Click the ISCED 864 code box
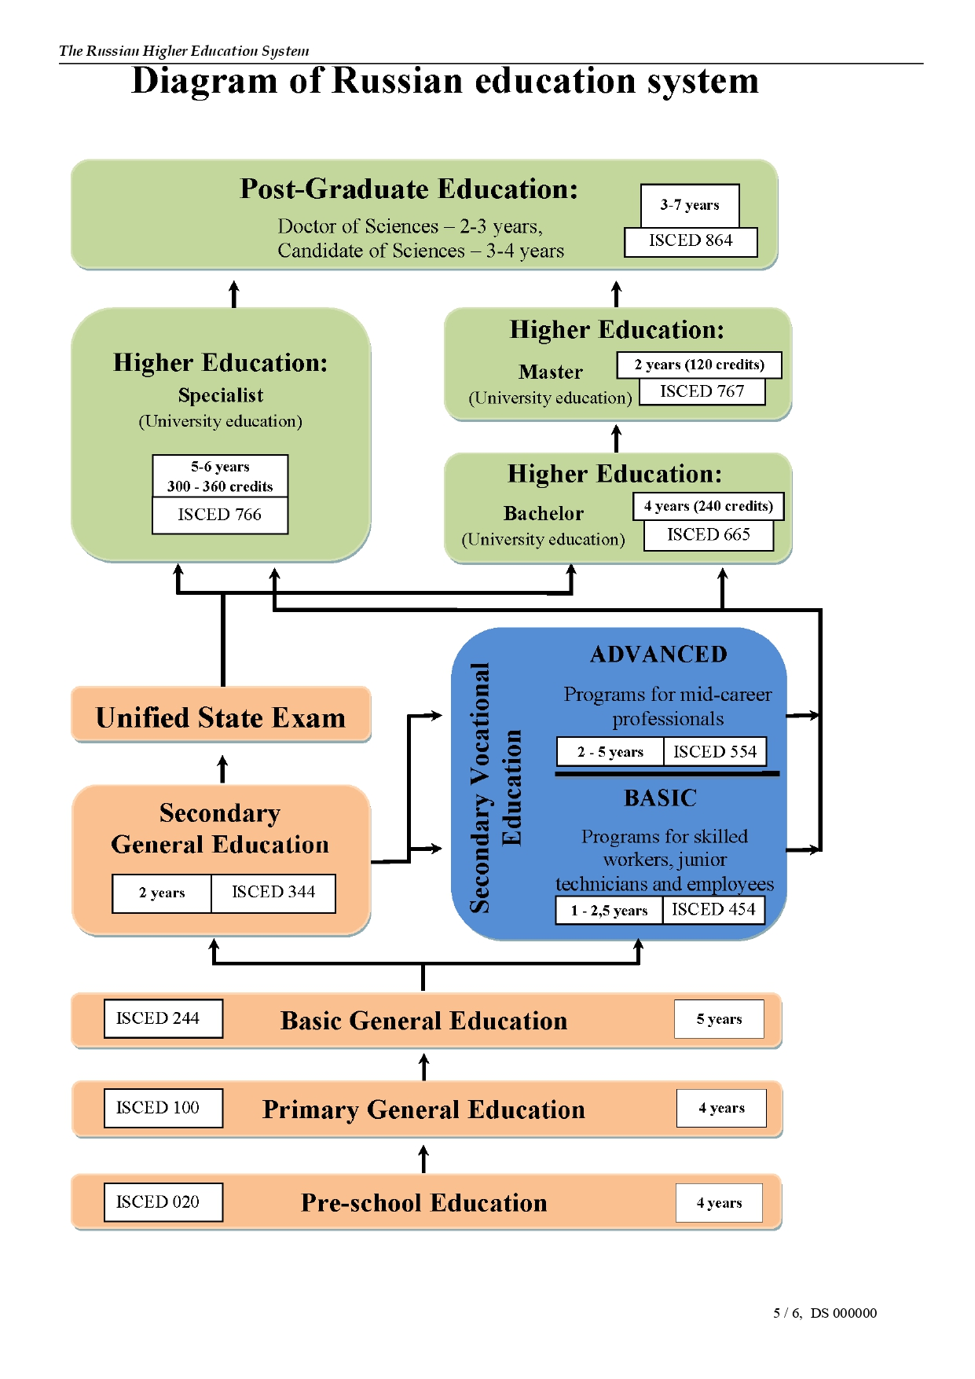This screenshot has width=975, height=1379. pos(691,241)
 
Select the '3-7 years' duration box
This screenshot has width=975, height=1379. pos(690,205)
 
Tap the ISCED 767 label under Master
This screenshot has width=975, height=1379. pos(702,391)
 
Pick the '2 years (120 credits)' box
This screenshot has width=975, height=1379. pos(699,365)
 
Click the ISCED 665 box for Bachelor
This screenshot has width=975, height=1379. pos(709,535)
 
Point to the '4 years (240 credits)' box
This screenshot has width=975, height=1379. pos(709,506)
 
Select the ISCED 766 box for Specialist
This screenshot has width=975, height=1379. pos(220,515)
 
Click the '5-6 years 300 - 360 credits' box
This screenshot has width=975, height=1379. pos(220,476)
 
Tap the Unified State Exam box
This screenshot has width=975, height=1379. pos(221,714)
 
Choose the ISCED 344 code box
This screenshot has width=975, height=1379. pos(273,893)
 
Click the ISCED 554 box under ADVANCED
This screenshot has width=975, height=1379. pos(715,752)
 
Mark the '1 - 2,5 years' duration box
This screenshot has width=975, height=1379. pos(610,911)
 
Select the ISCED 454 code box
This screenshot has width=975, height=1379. pos(713,910)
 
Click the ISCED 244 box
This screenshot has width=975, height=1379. pos(163,1018)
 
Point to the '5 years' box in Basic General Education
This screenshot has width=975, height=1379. pos(719,1019)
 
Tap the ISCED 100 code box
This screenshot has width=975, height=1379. pos(163,1108)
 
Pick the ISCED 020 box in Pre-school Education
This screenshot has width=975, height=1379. pos(163,1202)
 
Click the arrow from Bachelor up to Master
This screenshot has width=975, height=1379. pos(617,438)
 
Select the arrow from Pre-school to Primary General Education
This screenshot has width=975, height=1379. pos(424,1159)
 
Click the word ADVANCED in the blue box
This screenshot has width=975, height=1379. pos(659,655)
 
